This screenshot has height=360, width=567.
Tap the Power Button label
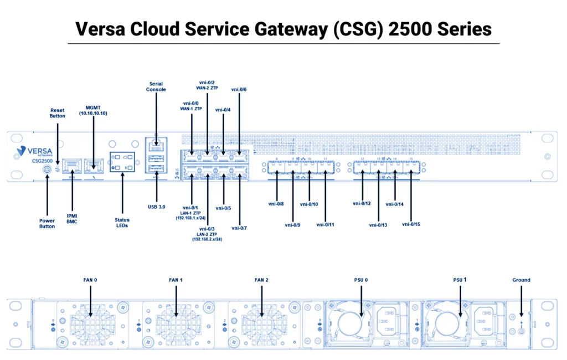pos(47,223)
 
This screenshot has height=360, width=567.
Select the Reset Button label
pos(58,114)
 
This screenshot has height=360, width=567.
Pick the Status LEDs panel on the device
pos(122,162)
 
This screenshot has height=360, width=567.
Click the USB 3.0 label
pos(157,207)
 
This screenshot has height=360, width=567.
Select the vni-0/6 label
pos(239,89)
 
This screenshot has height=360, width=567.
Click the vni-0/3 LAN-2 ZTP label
pos(207,234)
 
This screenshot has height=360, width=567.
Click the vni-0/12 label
pos(361,203)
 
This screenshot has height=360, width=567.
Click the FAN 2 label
pos(261,280)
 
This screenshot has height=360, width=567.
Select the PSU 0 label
pos(361,280)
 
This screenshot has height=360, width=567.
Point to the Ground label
pos(521,280)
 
